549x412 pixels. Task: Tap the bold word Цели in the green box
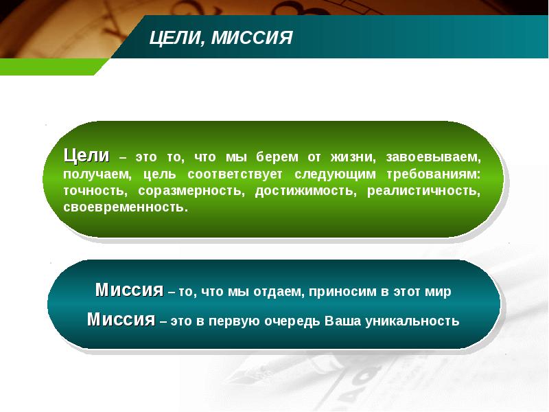pos(86,155)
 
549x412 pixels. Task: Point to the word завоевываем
pos(432,157)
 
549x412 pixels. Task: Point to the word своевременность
pos(124,207)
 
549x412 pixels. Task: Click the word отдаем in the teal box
pos(281,292)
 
